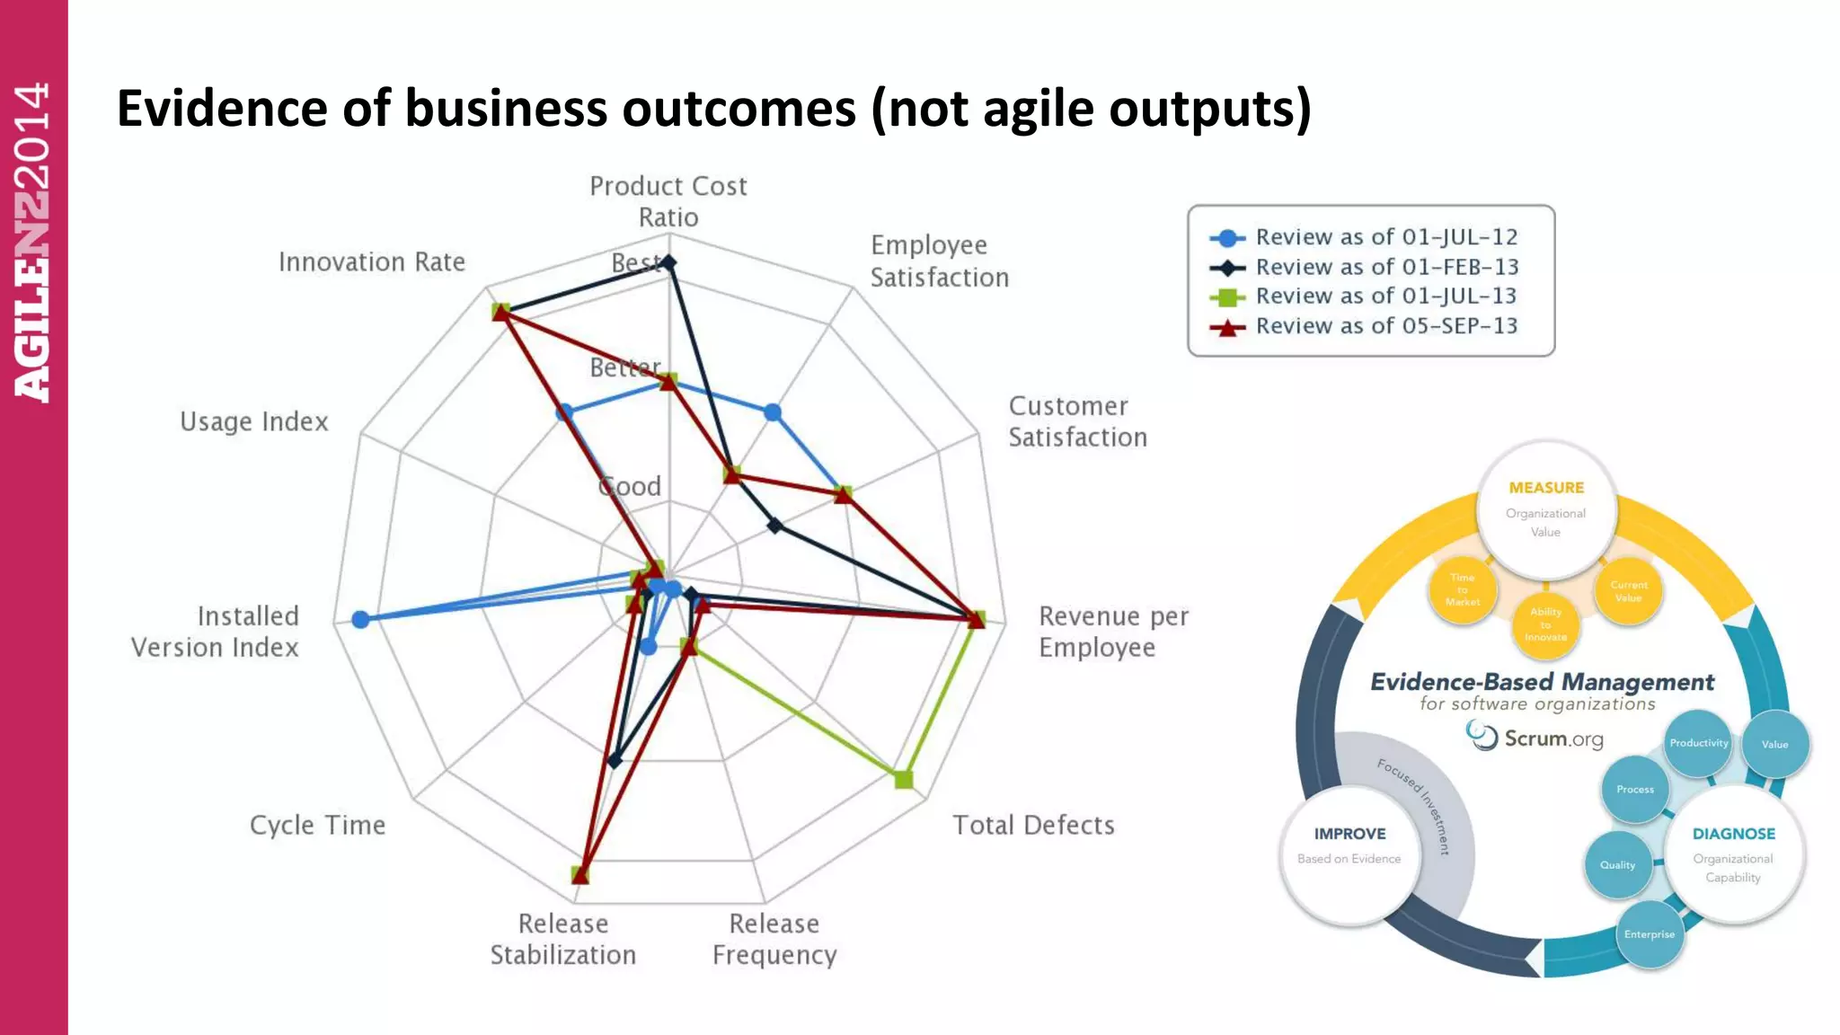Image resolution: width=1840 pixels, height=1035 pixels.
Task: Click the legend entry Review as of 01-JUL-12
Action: (1385, 237)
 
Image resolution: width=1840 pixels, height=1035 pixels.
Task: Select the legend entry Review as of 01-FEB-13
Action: (1385, 267)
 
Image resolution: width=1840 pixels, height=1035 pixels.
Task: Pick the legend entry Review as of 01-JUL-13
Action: (1385, 296)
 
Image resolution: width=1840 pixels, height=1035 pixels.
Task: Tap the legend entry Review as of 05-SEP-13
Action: (1385, 326)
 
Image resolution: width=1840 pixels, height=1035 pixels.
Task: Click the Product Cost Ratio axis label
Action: (668, 201)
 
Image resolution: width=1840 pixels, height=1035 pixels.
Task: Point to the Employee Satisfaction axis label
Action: (939, 261)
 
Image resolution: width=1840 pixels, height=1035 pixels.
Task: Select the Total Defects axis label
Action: (1033, 825)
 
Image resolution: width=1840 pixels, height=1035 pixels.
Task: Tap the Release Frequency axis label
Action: (774, 939)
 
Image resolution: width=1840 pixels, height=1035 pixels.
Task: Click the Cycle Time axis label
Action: (317, 825)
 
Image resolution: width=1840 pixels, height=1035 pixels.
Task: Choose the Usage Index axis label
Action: (254, 421)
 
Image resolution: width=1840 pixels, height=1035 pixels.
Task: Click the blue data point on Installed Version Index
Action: (360, 619)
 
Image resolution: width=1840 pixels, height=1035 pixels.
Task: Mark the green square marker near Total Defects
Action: (904, 779)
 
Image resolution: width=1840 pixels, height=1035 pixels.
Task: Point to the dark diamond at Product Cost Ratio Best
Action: (669, 262)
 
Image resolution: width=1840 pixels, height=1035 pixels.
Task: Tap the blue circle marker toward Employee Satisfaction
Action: (773, 412)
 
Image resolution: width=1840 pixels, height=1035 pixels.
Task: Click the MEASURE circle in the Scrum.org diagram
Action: (1545, 509)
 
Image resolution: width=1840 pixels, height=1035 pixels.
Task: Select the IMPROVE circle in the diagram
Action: (1349, 854)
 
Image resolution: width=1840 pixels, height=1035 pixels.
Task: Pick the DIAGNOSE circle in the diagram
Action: (1733, 854)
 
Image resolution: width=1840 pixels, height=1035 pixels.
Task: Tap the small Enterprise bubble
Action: (1650, 934)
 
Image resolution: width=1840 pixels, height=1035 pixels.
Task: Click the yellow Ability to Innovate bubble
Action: (1545, 624)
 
